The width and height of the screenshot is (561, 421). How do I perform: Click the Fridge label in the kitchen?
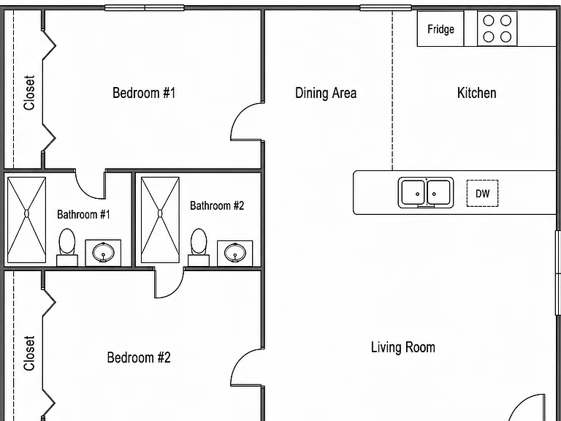point(440,29)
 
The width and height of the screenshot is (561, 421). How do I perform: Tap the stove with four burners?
point(497,29)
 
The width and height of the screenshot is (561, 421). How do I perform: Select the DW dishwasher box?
point(482,193)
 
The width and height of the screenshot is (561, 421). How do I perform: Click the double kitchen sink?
point(426,193)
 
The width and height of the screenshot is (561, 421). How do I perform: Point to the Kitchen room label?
point(476,93)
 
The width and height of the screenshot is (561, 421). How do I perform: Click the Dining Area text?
point(326,93)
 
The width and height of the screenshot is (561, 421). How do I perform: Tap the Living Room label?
point(403,347)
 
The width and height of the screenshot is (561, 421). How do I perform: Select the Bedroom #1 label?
point(144,93)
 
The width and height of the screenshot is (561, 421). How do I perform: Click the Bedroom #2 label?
point(139,357)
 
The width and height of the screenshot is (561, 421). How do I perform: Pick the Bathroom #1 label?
point(83,214)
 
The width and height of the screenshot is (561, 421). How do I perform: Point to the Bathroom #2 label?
point(217,205)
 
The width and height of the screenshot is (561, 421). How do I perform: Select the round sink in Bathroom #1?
point(103,252)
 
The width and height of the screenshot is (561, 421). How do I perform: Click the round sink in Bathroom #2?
point(235,252)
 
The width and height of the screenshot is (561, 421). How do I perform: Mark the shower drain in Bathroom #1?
point(26,213)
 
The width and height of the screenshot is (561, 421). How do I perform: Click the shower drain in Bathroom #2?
point(160,213)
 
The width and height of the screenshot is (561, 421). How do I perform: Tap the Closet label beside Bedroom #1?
point(29,92)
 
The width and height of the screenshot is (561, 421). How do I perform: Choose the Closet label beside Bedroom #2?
point(29,353)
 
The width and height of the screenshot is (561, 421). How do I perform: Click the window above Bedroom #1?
point(145,8)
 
